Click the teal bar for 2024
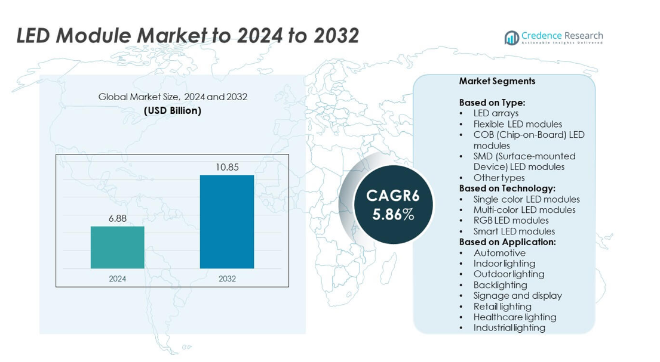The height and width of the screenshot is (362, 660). pos(118,247)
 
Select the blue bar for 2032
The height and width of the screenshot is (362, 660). pos(227,221)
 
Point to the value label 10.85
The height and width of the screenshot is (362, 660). pos(227,168)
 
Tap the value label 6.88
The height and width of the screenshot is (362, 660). pos(118,219)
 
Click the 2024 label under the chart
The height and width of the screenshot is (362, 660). pos(118,279)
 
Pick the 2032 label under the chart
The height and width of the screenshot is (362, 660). pos(227,279)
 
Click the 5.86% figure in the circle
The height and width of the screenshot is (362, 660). pos(393,215)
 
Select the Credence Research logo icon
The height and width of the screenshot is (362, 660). pos(511,38)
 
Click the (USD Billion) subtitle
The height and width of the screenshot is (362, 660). pos(173,110)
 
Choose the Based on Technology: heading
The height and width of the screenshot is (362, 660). pos(507,188)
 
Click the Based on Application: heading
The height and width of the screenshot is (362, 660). pos(507,242)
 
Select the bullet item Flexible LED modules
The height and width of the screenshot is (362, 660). pos(517,124)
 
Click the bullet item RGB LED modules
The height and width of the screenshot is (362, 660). pos(511,221)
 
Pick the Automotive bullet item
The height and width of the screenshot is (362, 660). pos(499,253)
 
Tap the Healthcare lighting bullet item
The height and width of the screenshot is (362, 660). pos(514,317)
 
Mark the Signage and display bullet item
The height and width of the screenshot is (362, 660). pos(517,296)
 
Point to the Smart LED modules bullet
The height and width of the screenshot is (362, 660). pos(514,231)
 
